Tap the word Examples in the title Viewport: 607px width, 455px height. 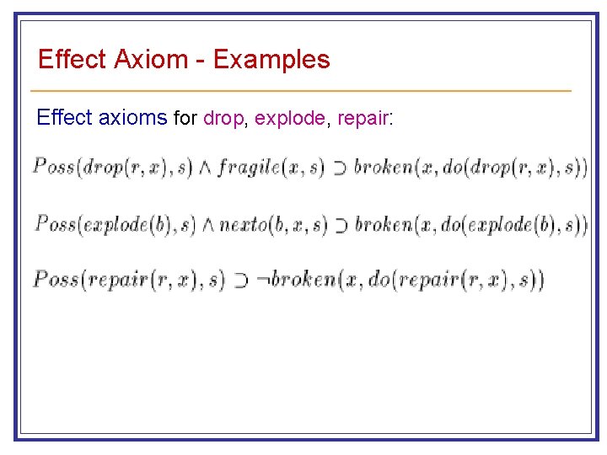point(271,60)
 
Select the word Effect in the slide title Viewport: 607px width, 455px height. point(72,60)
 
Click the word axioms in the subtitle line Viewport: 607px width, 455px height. point(133,118)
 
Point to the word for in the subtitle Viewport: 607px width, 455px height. point(185,119)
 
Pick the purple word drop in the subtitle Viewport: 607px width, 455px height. point(223,119)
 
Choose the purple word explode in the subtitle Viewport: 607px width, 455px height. point(289,119)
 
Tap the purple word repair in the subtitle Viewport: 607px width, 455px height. point(363,119)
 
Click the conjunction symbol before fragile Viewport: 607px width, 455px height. point(206,168)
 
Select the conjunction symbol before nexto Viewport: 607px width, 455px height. point(207,225)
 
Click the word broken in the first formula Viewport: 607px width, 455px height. point(380,167)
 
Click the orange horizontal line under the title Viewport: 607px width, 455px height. point(300,90)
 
